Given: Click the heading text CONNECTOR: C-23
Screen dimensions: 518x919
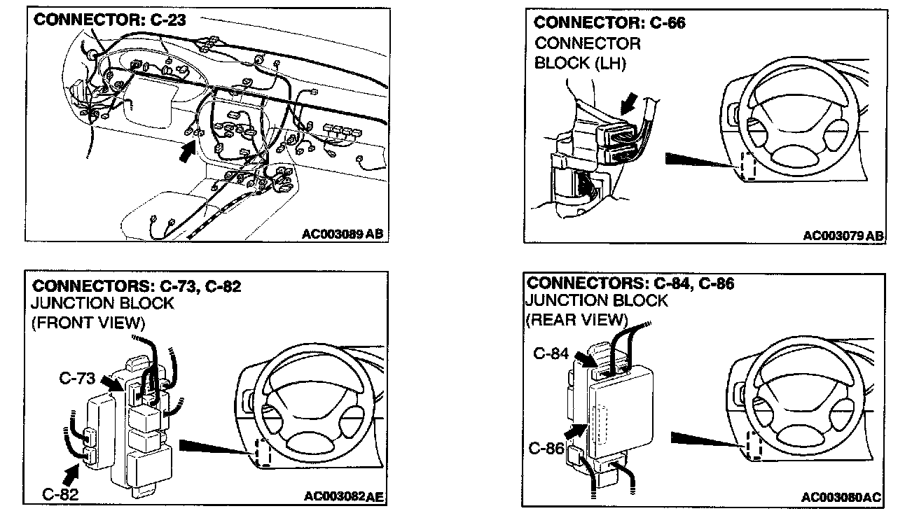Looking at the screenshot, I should coord(110,20).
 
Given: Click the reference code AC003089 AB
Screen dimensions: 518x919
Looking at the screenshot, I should coord(343,234).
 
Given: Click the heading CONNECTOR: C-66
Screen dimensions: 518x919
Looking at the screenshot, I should coord(609,23).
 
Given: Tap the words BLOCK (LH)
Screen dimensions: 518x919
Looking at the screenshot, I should coord(580,62).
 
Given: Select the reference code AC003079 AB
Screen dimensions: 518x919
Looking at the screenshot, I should coord(843,235).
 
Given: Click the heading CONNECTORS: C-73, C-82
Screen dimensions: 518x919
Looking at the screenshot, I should coord(137,286).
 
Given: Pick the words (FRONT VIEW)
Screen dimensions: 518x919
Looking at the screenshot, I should coord(88,323).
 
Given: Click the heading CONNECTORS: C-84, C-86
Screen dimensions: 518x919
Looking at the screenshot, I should coord(630,283).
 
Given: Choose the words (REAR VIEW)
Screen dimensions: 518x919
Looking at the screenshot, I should coord(576,320).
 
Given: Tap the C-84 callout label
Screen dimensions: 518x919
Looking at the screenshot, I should coord(550,353).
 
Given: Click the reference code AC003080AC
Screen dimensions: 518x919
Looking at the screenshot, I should coord(842,497).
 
